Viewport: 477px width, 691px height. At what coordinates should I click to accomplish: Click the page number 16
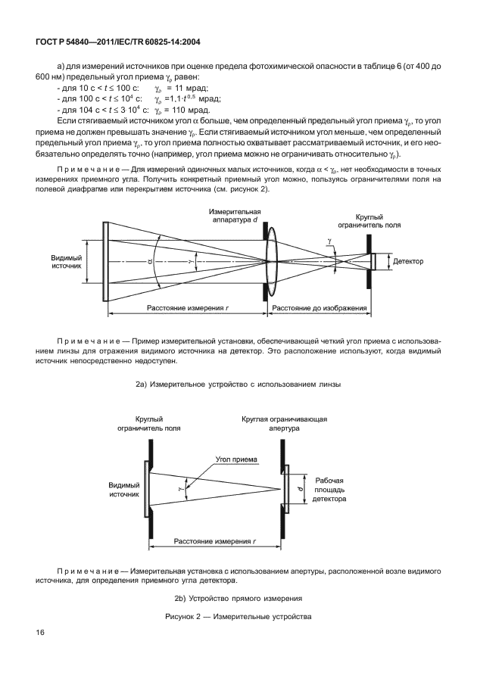(39, 633)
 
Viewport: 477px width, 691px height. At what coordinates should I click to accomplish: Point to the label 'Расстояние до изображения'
(320, 308)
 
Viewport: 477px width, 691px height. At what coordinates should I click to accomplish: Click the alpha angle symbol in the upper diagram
(150, 261)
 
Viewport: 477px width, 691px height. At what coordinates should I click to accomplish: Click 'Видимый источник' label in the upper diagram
(67, 262)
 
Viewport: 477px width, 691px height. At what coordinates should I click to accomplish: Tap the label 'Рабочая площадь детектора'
(329, 490)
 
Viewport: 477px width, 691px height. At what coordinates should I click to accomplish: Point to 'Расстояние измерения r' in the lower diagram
(214, 542)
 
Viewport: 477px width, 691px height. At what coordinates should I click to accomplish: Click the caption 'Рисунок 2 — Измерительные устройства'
(238, 617)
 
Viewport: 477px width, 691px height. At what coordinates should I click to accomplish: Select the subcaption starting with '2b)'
(238, 599)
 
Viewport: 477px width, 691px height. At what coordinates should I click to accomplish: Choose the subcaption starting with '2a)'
(238, 385)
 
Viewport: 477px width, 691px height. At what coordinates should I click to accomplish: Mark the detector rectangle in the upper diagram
(373, 261)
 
